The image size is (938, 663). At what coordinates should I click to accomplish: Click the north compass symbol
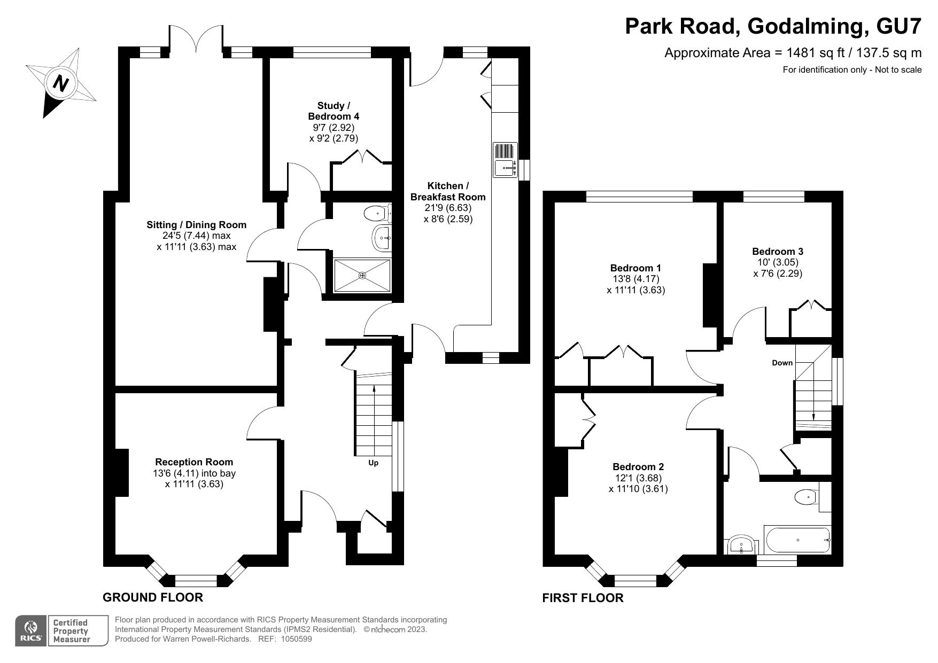coord(61,83)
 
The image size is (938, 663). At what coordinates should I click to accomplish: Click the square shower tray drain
coord(362,276)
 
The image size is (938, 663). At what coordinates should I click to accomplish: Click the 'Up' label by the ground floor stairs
coord(373,463)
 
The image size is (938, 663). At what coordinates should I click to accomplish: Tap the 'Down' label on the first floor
coord(782,363)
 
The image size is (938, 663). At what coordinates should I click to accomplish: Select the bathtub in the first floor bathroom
coord(797,540)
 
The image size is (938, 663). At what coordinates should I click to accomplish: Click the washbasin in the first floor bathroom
coord(742,545)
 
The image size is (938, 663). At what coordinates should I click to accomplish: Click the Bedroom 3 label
coord(777,251)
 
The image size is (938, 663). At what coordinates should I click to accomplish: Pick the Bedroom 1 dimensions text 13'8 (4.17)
coord(635,279)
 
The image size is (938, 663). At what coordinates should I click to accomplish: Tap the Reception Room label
coord(194,462)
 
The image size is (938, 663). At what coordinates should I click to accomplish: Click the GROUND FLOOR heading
coord(153,597)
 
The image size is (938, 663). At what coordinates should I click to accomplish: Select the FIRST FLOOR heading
coord(583,598)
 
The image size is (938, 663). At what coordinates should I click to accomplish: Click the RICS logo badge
coord(30,631)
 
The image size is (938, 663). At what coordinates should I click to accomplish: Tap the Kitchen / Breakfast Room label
coord(448,191)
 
